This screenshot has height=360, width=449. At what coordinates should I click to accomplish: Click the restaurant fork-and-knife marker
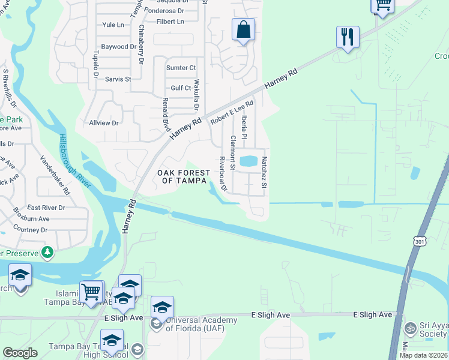coord(348,37)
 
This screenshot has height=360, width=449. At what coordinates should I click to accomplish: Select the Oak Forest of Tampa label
coord(184,177)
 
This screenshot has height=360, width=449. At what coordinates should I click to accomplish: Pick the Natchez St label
coord(264,172)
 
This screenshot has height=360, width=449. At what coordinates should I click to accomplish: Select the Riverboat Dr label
coord(222,174)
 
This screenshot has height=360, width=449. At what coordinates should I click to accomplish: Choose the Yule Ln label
coord(113,25)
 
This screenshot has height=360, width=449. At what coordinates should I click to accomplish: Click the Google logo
coord(20,353)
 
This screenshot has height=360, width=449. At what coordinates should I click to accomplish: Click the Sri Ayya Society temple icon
coord(411,328)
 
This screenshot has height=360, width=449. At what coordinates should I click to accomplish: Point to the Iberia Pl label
coord(244,128)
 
